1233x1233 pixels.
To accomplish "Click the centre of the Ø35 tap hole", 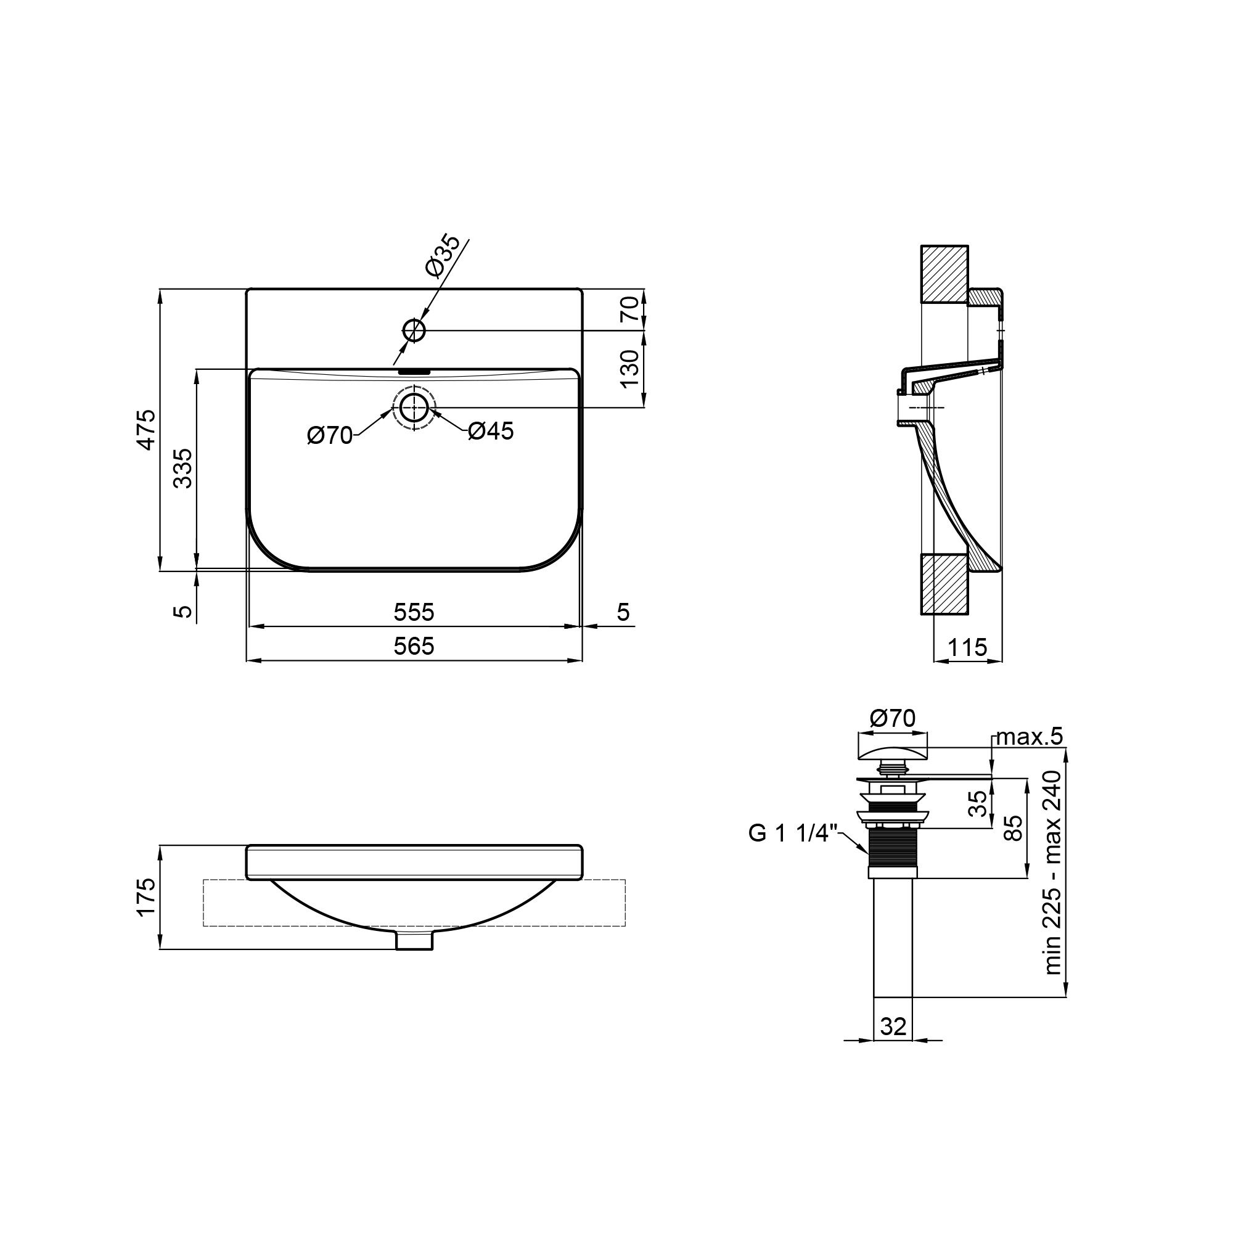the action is click(x=414, y=330).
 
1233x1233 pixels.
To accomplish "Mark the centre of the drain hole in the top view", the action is click(x=414, y=407).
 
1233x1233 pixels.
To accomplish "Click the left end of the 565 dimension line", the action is click(x=247, y=660).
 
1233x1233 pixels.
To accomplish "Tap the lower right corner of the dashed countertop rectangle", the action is click(x=625, y=925).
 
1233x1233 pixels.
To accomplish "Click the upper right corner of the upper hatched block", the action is click(x=968, y=246).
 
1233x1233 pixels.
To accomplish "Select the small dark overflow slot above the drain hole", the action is click(x=414, y=369).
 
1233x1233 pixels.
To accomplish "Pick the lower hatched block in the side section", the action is click(x=944, y=584).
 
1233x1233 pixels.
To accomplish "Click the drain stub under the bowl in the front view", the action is click(x=414, y=940).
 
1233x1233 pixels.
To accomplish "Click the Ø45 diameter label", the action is click(x=490, y=432).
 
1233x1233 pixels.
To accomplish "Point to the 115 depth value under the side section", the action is click(x=967, y=648).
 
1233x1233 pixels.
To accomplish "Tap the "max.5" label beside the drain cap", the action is click(x=1030, y=737).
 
